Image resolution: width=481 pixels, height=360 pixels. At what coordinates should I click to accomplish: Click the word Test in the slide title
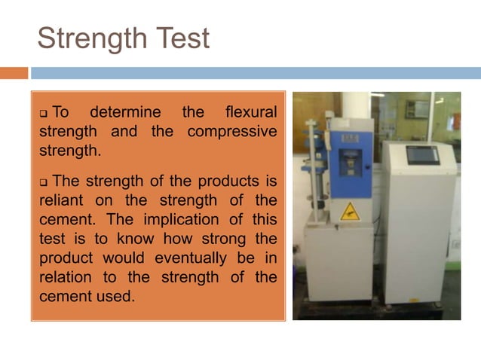[182, 38]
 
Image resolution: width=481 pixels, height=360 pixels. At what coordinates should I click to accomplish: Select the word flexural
[251, 113]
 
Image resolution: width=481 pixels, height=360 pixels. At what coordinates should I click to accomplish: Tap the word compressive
[231, 132]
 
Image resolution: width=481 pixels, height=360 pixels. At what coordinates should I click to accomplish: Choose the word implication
[179, 220]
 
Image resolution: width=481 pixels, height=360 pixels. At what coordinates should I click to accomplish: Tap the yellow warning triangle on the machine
[348, 212]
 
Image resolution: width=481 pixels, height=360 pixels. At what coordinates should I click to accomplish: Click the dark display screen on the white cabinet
[422, 155]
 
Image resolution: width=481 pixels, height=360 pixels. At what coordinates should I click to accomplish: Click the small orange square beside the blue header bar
[14, 73]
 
